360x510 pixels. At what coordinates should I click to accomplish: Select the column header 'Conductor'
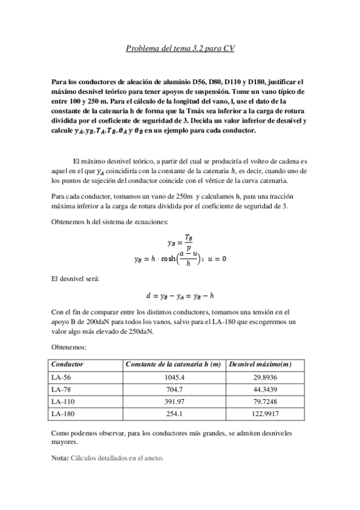[67, 364]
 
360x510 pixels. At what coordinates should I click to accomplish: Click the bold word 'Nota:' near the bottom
[60, 458]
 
